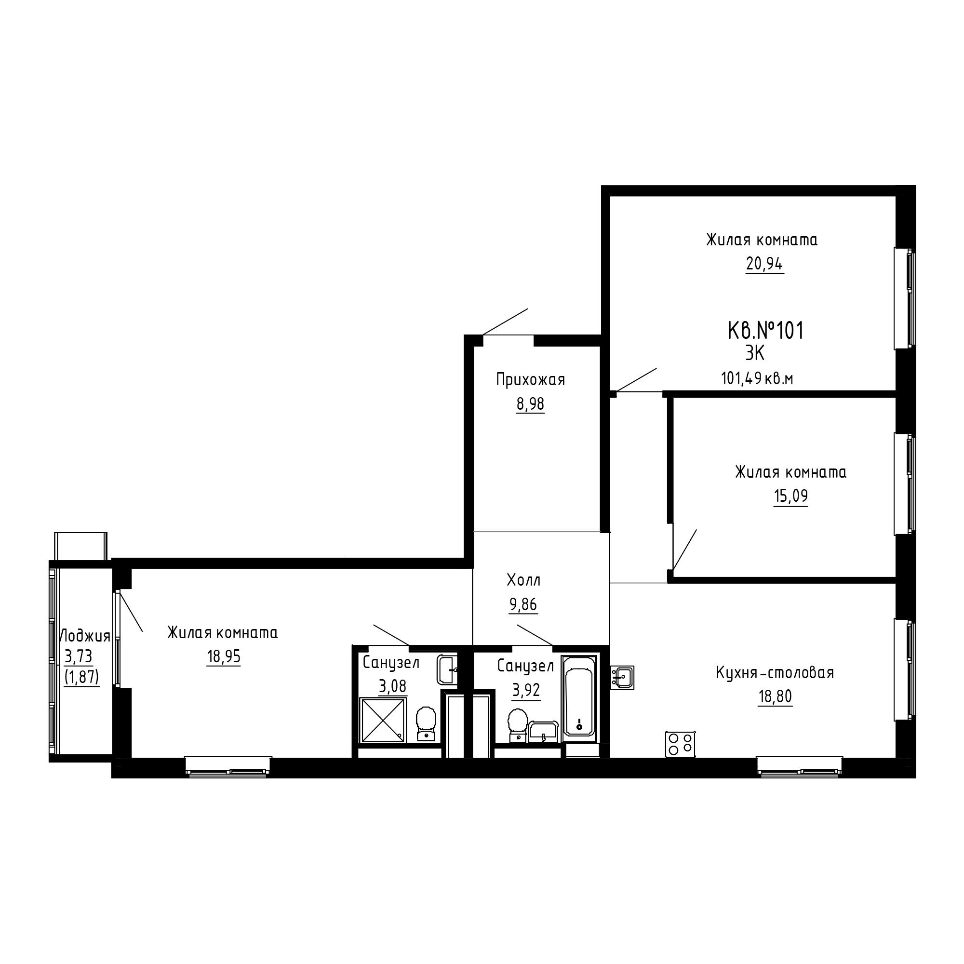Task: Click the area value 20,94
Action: (764, 264)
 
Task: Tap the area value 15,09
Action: (790, 496)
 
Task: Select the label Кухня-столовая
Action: (775, 673)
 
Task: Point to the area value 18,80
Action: (775, 696)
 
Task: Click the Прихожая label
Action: (530, 380)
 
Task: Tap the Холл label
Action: (523, 580)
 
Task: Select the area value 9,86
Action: (523, 604)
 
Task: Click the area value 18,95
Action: (224, 656)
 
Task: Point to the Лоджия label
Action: (85, 636)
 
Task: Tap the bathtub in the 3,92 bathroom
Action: (579, 699)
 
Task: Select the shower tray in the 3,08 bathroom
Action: (383, 720)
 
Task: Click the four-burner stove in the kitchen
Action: (681, 744)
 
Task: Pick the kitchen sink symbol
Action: (622, 678)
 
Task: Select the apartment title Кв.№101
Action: (766, 331)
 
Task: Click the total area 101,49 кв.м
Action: (757, 379)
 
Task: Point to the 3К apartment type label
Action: (755, 353)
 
